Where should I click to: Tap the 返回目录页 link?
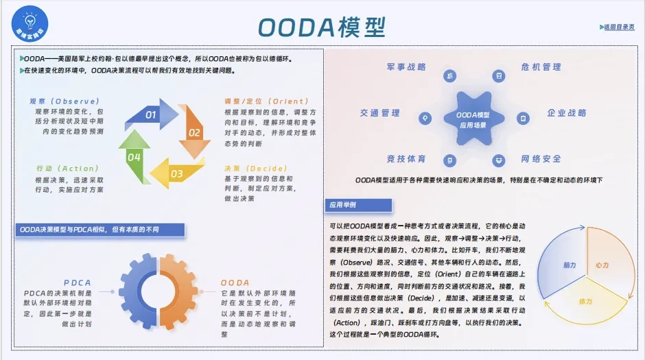pyautogui.click(x=618, y=27)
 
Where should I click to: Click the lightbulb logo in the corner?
pyautogui.click(x=30, y=23)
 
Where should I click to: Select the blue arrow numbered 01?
pyautogui.click(x=155, y=115)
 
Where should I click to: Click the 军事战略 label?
pyautogui.click(x=406, y=67)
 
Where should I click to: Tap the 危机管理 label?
pyautogui.click(x=541, y=67)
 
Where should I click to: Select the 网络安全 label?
pyautogui.click(x=541, y=159)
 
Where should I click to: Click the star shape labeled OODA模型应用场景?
pyautogui.click(x=473, y=119)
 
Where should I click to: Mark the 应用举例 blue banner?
pyautogui.click(x=358, y=205)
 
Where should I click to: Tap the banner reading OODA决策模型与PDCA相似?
pyautogui.click(x=100, y=230)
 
